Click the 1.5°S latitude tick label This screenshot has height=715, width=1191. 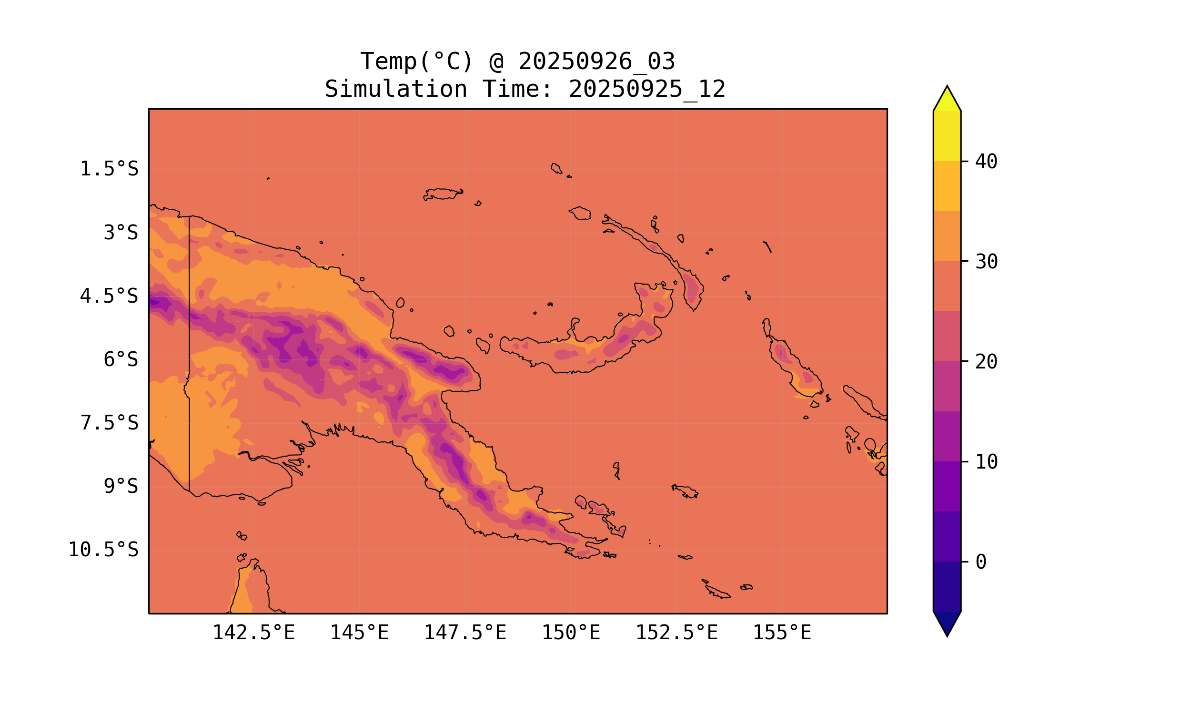(109, 169)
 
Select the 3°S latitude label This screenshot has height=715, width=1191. (121, 233)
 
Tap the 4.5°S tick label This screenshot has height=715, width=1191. (109, 296)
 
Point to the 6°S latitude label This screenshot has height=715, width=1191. (121, 359)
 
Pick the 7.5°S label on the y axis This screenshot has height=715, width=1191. (109, 423)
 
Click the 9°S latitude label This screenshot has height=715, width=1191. (121, 486)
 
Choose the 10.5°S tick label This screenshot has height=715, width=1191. (103, 550)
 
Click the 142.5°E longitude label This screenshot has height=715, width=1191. (253, 633)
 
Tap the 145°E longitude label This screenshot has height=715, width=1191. (359, 633)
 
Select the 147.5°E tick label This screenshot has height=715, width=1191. (465, 633)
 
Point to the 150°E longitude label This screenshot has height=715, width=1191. (571, 633)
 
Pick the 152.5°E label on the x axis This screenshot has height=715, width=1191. (676, 633)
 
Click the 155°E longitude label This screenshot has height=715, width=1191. (782, 633)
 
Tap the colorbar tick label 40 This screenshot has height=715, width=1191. (987, 162)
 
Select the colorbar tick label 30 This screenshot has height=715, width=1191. (987, 262)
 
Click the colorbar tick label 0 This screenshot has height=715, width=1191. (981, 562)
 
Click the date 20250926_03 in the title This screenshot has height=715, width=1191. (596, 61)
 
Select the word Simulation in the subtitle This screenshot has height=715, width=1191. (396, 89)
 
